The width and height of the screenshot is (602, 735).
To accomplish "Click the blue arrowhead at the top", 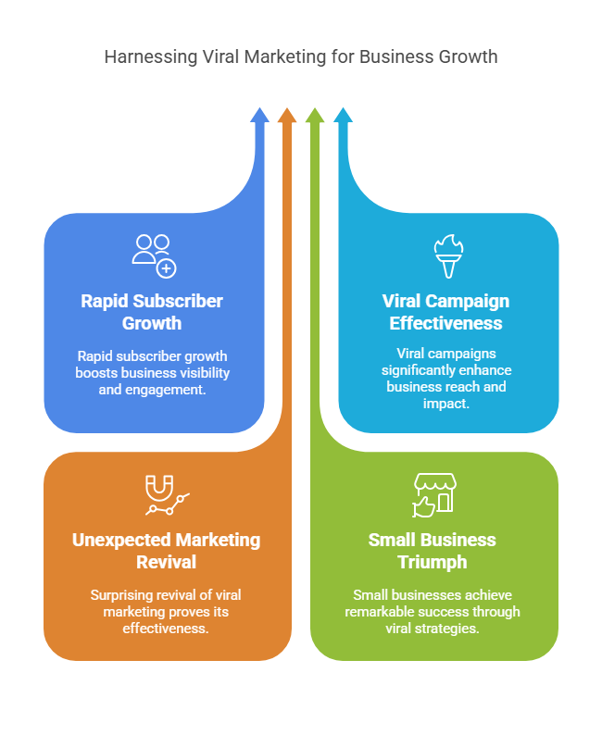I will [x=260, y=116].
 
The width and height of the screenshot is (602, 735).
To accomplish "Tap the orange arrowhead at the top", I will [x=287, y=116].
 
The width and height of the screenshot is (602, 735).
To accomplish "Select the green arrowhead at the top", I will [x=315, y=116].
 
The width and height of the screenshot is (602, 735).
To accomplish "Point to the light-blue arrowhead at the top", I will [x=343, y=116].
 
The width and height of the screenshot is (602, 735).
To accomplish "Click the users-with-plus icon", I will [x=154, y=255].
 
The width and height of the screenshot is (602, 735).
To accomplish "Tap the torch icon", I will [x=447, y=256].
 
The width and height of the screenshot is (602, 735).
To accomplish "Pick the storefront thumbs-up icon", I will [x=433, y=495].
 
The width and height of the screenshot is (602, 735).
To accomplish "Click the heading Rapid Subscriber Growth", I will [x=152, y=312].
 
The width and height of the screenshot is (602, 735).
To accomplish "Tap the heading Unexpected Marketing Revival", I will [x=167, y=551].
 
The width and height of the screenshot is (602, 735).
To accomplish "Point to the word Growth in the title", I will [x=467, y=56].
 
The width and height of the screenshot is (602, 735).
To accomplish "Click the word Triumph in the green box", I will [x=432, y=562].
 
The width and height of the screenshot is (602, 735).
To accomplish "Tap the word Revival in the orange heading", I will [x=167, y=562].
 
